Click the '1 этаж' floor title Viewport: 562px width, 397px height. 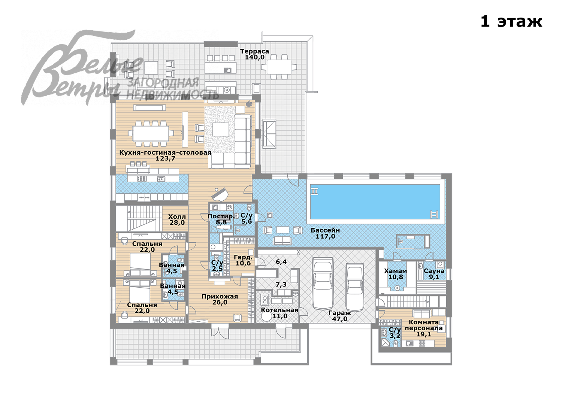pos(511,22)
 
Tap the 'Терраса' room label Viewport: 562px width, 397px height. pos(254,51)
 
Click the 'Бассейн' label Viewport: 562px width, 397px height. pos(325,230)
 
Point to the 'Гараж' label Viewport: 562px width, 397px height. pos(340,313)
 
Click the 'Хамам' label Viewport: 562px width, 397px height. pos(395,271)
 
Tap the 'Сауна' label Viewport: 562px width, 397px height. pos(434,271)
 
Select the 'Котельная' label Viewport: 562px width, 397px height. pos(280,310)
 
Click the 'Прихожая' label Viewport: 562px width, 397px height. pos(220,297)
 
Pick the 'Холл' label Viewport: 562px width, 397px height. pos(177,217)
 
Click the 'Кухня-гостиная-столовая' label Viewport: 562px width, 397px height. pos(165,152)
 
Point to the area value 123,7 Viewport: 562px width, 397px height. pos(165,158)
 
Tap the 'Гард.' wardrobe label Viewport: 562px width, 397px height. pos(243,257)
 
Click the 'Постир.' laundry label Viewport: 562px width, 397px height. pos(221,216)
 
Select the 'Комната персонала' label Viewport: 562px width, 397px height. pos(424,325)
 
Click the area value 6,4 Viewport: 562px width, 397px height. pos(281,262)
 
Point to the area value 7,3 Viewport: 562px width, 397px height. pos(281,284)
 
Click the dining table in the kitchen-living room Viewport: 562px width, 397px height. pos(151,134)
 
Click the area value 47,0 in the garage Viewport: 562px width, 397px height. pos(340,319)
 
